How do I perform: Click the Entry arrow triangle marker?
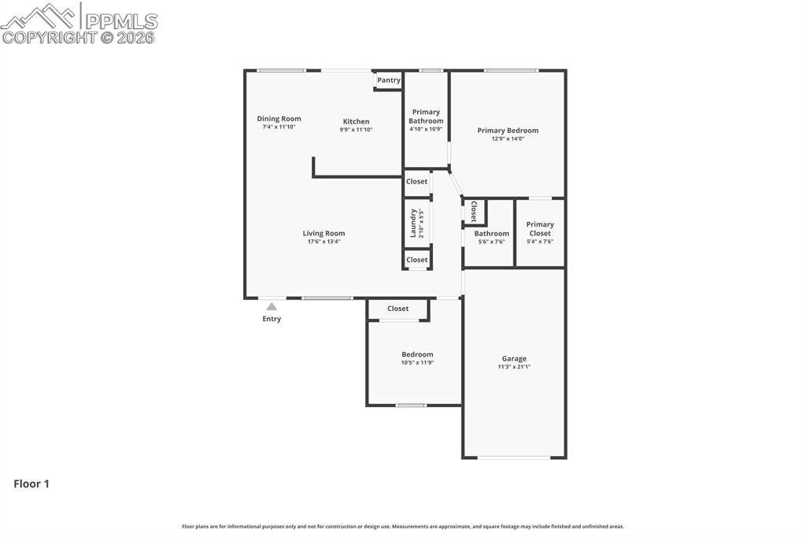click(272, 306)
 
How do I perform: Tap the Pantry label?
click(389, 80)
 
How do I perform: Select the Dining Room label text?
click(279, 119)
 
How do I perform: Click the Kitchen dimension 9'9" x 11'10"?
click(356, 130)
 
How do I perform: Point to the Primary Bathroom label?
click(426, 117)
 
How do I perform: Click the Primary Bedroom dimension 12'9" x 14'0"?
click(508, 139)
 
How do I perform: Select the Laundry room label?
click(412, 223)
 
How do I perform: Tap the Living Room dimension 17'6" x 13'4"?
click(324, 242)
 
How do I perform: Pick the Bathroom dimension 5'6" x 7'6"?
click(491, 242)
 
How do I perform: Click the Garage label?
click(514, 358)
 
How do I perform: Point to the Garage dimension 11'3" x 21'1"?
click(514, 367)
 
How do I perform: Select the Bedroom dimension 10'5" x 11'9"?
click(417, 363)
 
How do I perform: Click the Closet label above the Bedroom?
click(397, 309)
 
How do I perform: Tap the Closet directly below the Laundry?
click(417, 260)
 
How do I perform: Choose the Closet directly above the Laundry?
click(417, 181)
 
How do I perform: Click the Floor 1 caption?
click(31, 484)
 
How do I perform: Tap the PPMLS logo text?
click(120, 21)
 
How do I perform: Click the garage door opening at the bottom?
click(514, 457)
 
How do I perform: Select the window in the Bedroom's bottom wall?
click(411, 406)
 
